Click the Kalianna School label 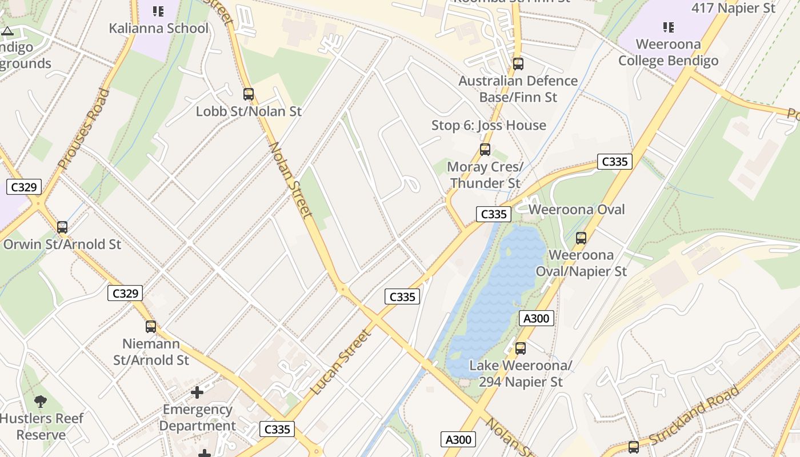(158, 28)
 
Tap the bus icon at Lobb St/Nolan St (249, 94)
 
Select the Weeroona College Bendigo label (668, 52)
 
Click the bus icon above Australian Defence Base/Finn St (518, 64)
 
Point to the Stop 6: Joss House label (489, 125)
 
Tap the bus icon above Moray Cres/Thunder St (485, 150)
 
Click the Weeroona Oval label (577, 210)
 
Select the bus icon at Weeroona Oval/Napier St (581, 238)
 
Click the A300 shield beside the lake (537, 318)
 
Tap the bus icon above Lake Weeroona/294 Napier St (521, 348)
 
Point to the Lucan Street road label (341, 362)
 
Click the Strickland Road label (694, 415)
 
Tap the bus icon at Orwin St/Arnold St (62, 227)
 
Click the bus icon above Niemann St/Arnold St (151, 327)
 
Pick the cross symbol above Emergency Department (197, 392)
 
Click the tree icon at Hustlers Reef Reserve (41, 402)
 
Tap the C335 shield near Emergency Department (277, 429)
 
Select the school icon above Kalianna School (158, 11)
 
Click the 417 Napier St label (733, 8)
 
